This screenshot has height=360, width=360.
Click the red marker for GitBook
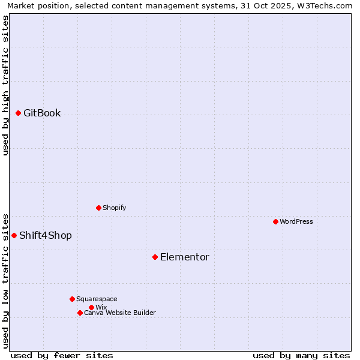[x=18, y=113]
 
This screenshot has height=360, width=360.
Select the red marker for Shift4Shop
[x=14, y=235]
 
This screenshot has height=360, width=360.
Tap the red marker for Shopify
[x=98, y=208]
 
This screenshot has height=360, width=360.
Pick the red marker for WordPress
[x=275, y=221]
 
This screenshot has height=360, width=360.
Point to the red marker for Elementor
[x=155, y=257]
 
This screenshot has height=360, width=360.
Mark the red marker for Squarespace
[x=72, y=299]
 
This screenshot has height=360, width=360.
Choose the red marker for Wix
[x=91, y=307]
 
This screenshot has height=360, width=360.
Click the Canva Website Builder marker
[x=80, y=313]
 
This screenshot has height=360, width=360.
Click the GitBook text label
[x=42, y=113]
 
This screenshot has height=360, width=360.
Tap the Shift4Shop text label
[x=46, y=235]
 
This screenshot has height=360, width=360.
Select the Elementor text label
[x=185, y=257]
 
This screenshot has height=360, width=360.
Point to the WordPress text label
[x=296, y=221]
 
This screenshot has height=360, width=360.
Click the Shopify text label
[x=115, y=208]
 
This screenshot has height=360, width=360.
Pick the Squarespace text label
[x=97, y=299]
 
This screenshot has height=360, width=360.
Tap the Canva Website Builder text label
[x=120, y=313]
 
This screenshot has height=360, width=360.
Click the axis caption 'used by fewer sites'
[x=62, y=355]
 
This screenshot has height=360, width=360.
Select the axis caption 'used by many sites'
[x=301, y=355]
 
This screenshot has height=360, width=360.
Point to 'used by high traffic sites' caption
[x=5, y=86]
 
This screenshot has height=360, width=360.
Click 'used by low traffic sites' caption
[x=5, y=281]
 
